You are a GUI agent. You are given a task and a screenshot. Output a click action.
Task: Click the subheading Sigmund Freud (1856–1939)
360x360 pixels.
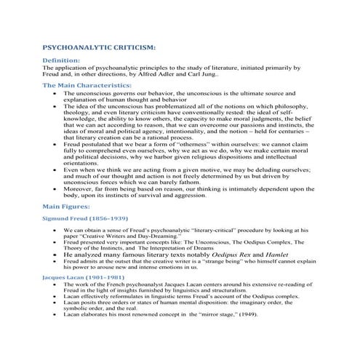(x=84, y=217)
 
